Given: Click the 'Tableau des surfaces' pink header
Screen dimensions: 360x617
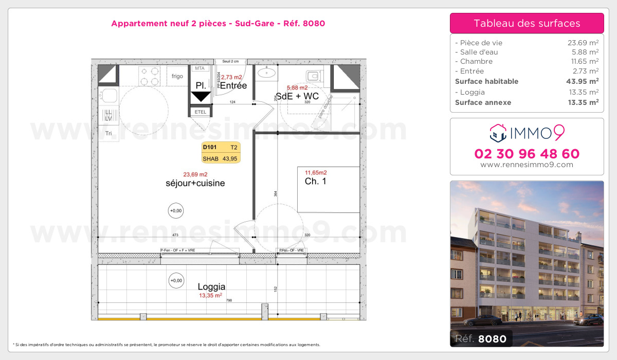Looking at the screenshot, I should [x=527, y=23].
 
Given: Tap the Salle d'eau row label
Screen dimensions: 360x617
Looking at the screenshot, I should [x=476, y=52].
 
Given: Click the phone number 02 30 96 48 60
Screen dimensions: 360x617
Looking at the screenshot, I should [x=527, y=153].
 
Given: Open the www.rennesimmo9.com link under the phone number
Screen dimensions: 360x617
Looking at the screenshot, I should [x=527, y=165].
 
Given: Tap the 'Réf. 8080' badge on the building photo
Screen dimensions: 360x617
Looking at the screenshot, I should [x=481, y=338].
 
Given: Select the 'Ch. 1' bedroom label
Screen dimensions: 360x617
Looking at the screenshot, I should [x=316, y=181].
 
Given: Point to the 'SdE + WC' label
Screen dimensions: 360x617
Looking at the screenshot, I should [x=297, y=96].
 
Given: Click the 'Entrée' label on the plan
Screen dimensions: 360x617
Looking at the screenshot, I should [x=233, y=86].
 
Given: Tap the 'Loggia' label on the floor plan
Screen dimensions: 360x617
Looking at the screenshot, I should [x=211, y=287].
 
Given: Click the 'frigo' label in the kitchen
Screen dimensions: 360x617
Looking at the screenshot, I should [x=177, y=77].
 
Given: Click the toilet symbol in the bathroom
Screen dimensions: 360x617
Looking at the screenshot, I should [x=314, y=76].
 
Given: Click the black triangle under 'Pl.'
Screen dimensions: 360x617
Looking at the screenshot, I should [x=200, y=96].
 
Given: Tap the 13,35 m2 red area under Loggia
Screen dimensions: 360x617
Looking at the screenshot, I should [x=211, y=296].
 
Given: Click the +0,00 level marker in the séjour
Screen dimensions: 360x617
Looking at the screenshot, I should [x=176, y=210].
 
